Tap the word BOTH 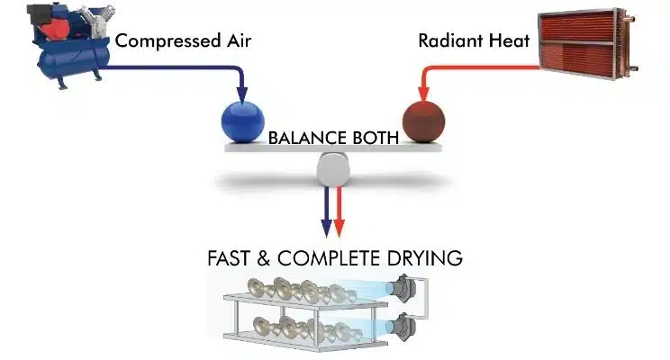[376, 139]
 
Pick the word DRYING [428, 258]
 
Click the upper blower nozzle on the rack [403, 287]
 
